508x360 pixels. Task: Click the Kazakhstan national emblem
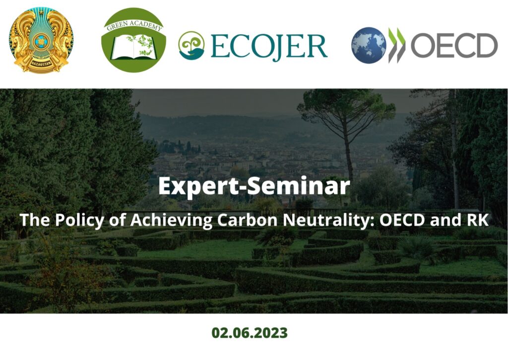[x=41, y=41]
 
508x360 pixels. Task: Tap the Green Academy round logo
[x=133, y=40]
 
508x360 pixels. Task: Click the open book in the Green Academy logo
[x=134, y=48]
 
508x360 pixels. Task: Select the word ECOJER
[x=269, y=47]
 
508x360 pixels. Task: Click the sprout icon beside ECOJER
[x=191, y=45]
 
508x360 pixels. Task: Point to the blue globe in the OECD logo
[x=369, y=45]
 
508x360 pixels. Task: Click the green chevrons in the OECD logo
[x=397, y=45]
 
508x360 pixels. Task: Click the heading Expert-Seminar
[x=254, y=186]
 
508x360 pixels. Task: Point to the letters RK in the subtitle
[x=478, y=220]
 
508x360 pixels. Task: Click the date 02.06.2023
[x=250, y=333]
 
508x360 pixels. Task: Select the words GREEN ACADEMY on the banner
[x=134, y=25]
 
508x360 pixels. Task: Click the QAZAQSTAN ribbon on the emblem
[x=41, y=62]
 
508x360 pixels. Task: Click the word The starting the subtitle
[x=35, y=220]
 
